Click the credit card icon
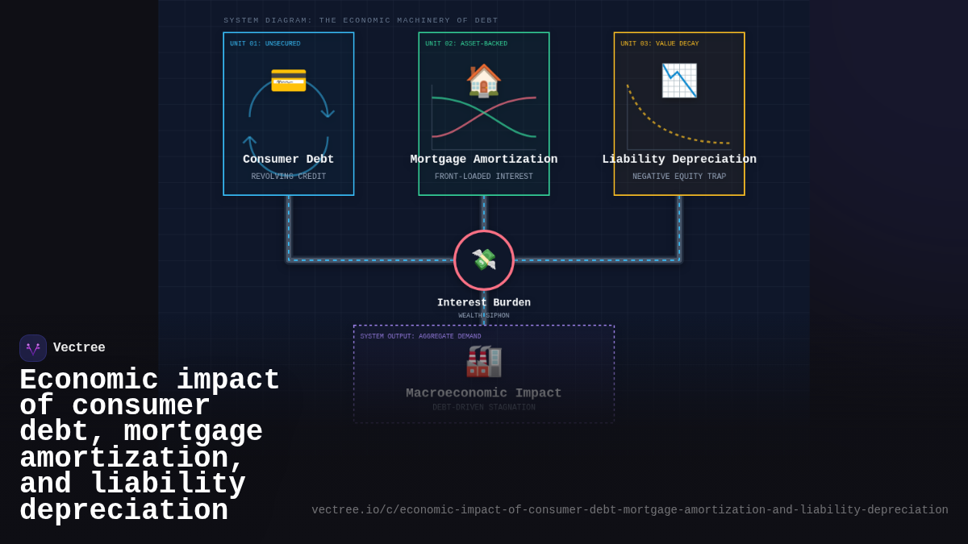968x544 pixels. (288, 80)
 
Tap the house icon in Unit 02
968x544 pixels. (484, 81)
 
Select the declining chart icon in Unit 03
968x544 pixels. (678, 81)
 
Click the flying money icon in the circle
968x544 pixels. (484, 260)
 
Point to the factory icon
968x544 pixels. (484, 360)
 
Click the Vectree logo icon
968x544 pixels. (33, 348)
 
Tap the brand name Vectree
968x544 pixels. (79, 348)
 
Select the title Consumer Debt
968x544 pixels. (288, 160)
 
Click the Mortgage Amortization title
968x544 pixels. (484, 160)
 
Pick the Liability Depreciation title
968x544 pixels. (679, 160)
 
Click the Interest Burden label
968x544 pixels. (484, 303)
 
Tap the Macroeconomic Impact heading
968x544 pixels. (484, 393)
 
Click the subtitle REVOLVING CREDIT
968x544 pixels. (288, 176)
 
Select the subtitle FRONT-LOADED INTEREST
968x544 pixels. (484, 176)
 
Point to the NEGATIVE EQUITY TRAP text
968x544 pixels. (679, 176)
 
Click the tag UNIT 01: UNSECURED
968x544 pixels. (265, 44)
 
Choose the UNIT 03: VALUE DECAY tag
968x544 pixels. (659, 44)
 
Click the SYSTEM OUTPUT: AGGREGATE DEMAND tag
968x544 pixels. (420, 337)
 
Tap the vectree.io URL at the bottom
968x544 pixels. (630, 510)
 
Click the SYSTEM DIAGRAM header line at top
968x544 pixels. (361, 20)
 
